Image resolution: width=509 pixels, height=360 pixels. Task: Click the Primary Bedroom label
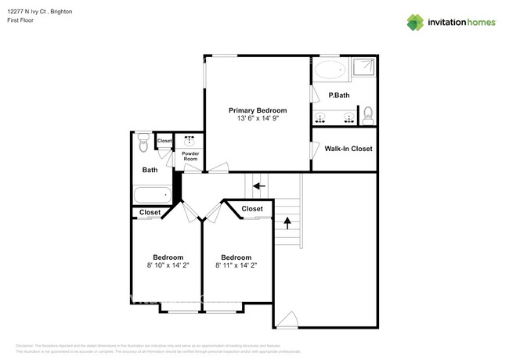[257, 110]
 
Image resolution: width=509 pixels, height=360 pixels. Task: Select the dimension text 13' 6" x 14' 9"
[257, 119]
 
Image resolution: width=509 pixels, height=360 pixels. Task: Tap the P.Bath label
[338, 95]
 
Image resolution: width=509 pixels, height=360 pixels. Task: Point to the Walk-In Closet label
[348, 149]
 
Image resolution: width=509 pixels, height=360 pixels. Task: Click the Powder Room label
[190, 156]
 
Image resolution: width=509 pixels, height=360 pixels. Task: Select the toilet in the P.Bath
[369, 117]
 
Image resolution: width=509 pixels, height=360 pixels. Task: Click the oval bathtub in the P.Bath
[330, 70]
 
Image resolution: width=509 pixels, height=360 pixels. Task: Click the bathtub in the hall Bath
[152, 195]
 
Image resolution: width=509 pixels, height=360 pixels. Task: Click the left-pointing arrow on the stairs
[258, 186]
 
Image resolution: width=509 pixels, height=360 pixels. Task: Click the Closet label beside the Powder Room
[164, 141]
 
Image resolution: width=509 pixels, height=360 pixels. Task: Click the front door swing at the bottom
[288, 319]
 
